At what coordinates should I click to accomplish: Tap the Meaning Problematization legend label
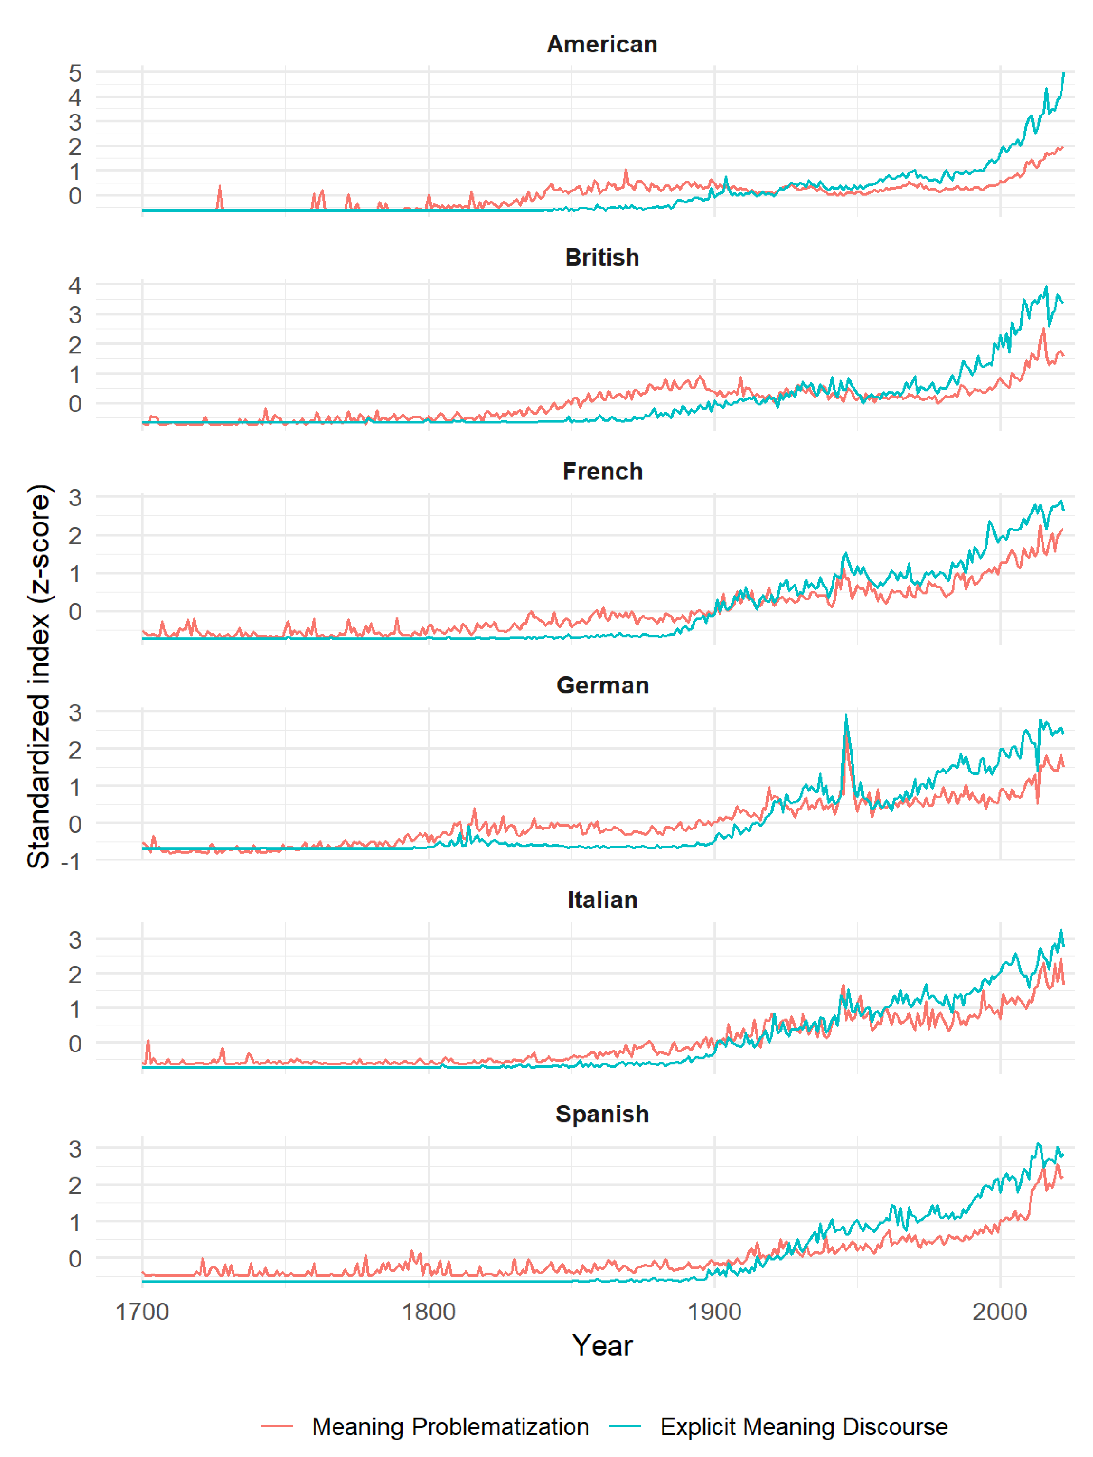(x=450, y=1426)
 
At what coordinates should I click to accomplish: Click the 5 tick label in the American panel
(x=75, y=73)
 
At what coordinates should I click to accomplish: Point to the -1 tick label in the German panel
(x=70, y=861)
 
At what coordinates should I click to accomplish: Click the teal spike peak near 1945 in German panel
(x=846, y=716)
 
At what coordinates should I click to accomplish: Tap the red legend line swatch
(x=277, y=1426)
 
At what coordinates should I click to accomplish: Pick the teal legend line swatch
(x=625, y=1426)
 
